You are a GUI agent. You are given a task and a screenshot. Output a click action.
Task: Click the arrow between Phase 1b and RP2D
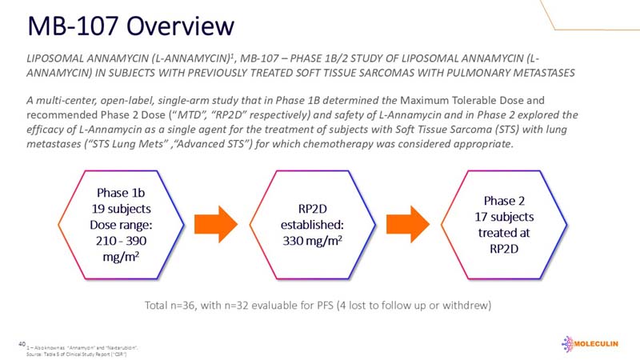point(217,220)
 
